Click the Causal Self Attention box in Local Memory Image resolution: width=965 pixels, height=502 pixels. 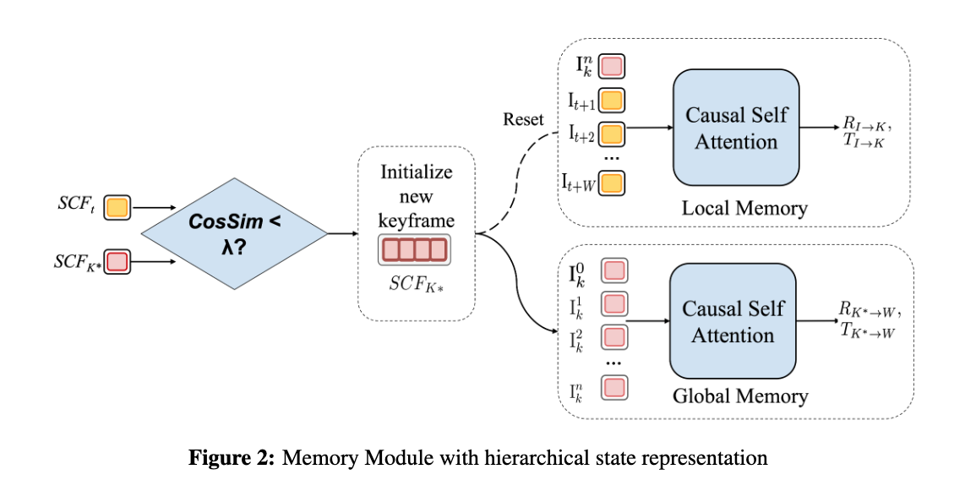click(736, 128)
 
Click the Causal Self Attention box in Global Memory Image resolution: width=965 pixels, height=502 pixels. click(733, 322)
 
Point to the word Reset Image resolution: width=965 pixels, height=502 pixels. click(523, 119)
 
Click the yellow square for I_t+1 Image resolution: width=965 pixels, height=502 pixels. click(612, 100)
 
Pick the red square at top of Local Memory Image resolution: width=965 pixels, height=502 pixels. click(612, 65)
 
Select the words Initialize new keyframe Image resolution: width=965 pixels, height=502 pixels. click(416, 197)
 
